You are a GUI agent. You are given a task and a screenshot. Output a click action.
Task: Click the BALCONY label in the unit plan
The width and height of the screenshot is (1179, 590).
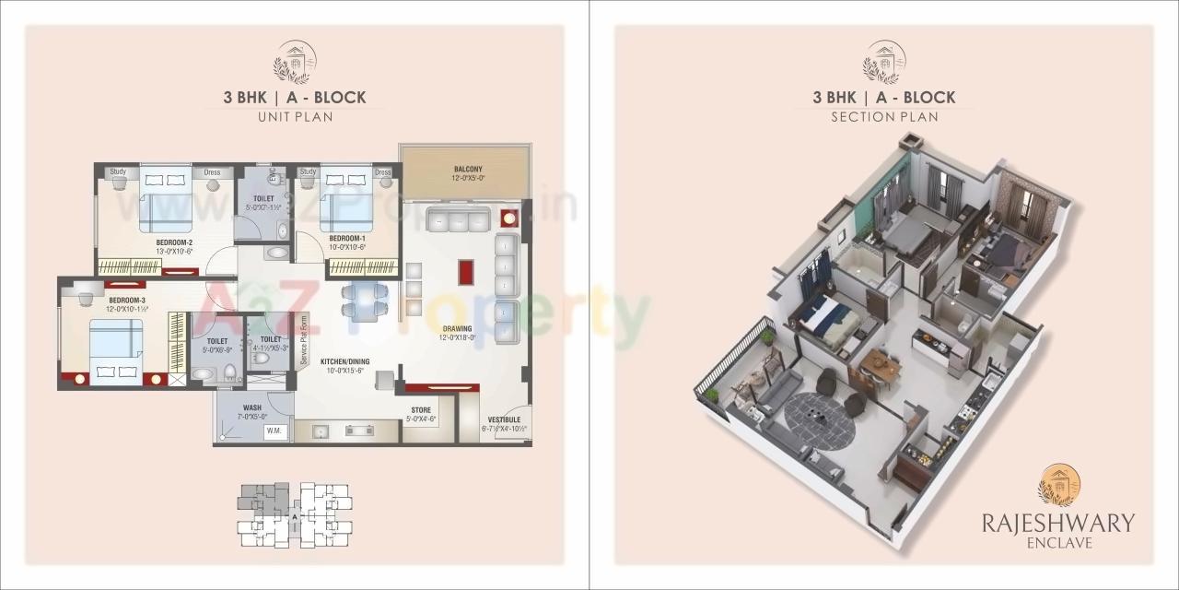click(468, 169)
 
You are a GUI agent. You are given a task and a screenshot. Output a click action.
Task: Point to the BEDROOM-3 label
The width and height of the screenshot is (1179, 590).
click(127, 301)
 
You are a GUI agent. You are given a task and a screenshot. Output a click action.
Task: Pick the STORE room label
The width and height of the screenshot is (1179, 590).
click(420, 410)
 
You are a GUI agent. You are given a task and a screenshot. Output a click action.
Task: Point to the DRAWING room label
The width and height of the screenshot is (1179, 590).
click(457, 328)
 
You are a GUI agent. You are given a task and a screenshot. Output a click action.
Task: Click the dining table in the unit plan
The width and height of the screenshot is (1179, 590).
click(365, 302)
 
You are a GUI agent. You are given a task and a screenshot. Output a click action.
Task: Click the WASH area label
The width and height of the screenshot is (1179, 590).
click(251, 407)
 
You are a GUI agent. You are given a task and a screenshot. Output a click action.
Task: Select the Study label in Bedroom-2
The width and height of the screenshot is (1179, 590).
click(118, 171)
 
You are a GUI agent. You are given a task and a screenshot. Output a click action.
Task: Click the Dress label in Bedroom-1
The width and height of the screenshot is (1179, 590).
click(382, 172)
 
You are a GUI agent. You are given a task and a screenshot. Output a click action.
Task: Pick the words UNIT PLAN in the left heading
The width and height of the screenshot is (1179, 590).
click(295, 117)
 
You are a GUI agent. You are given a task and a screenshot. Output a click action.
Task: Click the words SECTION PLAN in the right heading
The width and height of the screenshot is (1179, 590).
click(884, 117)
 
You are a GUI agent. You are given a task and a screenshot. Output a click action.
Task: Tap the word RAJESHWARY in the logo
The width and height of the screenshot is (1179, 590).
click(1057, 523)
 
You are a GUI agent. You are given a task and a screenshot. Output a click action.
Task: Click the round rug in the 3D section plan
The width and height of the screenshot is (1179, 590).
click(820, 422)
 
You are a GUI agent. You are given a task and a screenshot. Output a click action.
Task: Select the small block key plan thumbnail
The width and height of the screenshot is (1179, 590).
click(294, 514)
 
